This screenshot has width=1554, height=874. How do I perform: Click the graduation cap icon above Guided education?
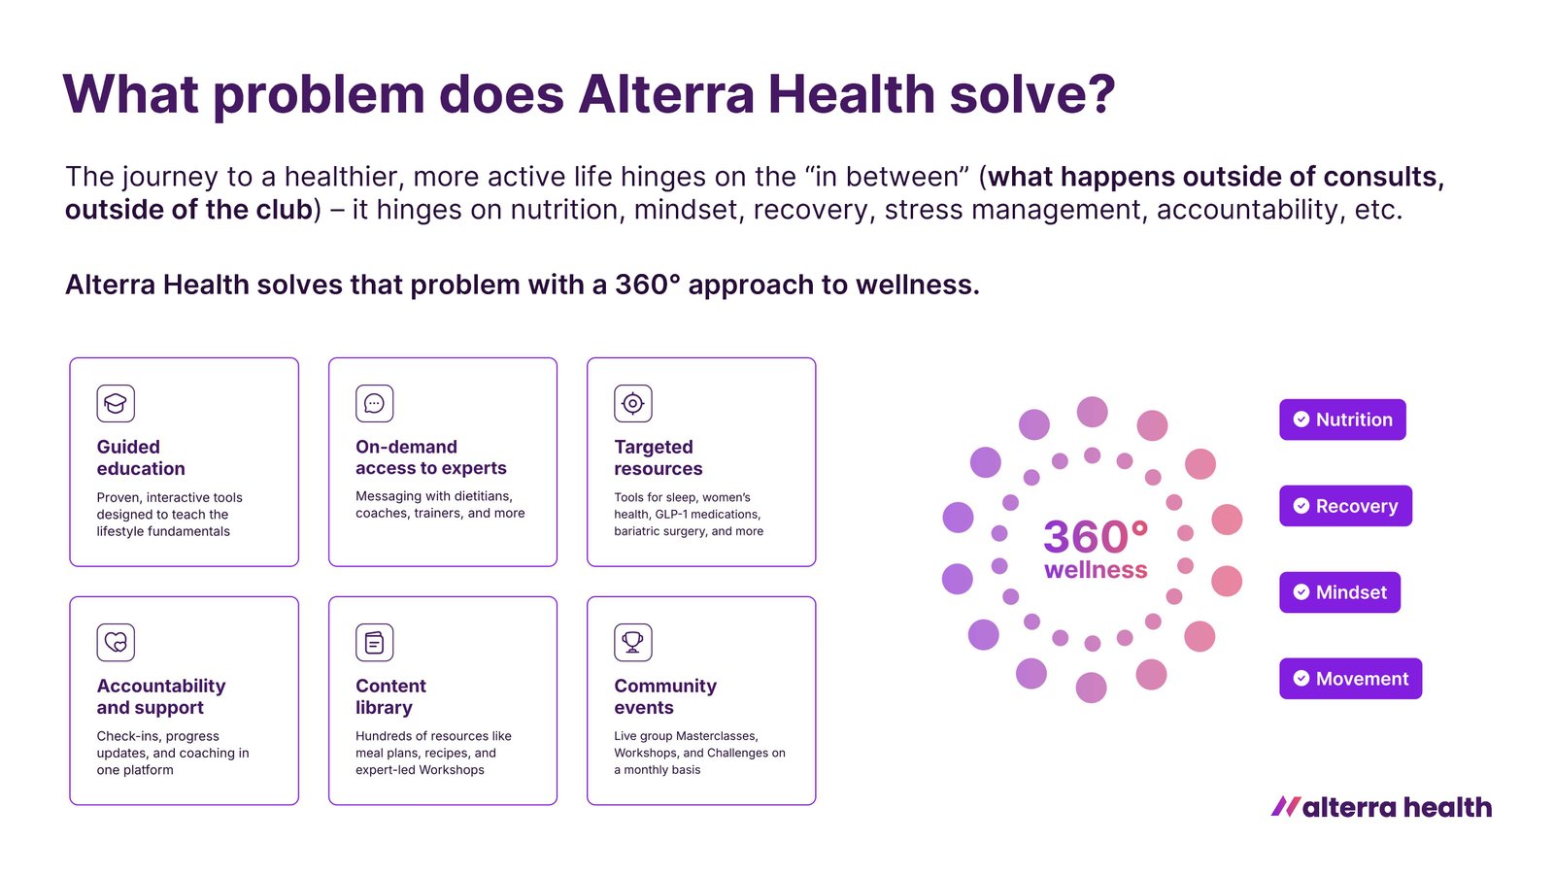(116, 403)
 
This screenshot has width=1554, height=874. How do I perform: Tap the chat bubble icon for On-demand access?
(375, 403)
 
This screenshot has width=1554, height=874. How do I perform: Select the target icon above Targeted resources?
(632, 403)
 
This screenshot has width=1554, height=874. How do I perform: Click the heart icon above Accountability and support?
(116, 642)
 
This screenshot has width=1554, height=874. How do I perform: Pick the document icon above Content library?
(375, 642)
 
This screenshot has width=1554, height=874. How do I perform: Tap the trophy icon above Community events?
(632, 642)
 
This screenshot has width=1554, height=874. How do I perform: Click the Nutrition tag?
(1342, 420)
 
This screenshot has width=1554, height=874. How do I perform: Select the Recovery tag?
(1345, 506)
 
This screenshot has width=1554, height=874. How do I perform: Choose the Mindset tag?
(1339, 592)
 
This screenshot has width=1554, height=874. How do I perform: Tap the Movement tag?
(1350, 679)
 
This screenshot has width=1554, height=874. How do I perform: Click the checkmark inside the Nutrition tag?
(1301, 420)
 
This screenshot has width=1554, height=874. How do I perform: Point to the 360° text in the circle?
(1096, 536)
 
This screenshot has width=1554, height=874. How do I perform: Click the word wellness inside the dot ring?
(1096, 570)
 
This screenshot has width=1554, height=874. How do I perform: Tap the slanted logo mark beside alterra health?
(1286, 807)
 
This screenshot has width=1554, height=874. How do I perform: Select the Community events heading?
(665, 696)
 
